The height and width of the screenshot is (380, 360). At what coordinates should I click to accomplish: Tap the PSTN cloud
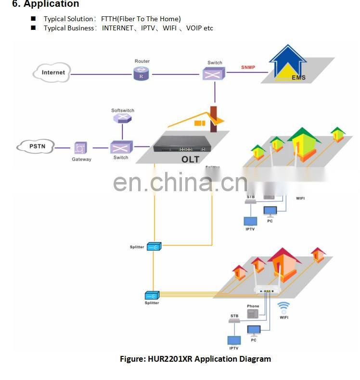35,145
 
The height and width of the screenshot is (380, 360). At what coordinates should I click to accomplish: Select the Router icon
141,73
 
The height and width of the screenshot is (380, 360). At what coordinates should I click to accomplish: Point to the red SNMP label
248,67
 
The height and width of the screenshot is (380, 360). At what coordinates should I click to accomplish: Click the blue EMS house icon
288,63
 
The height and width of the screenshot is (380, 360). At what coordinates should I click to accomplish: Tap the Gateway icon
80,148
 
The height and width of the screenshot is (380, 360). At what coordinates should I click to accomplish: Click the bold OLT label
190,159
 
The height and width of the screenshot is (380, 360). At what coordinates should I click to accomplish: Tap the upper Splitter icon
154,247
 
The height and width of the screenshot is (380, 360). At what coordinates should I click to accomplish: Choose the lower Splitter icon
152,295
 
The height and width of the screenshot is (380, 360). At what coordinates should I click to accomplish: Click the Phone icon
253,313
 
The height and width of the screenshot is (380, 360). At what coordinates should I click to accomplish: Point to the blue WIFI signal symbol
284,307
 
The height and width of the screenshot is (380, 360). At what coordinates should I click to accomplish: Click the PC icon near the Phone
254,330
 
